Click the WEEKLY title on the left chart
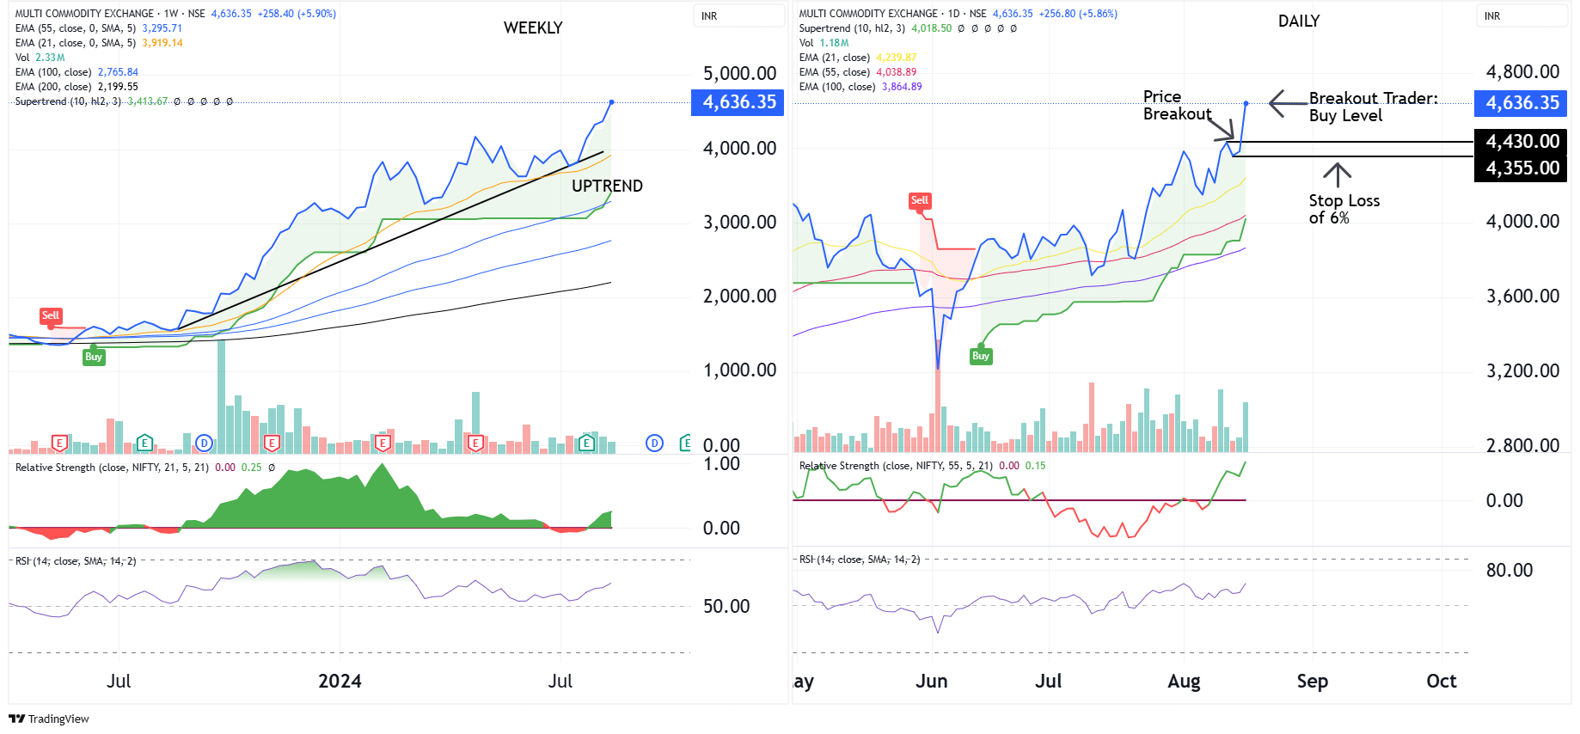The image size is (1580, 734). (533, 28)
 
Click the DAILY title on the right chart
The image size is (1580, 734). (1298, 21)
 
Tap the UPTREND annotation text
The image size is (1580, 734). (607, 186)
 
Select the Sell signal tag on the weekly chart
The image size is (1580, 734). (51, 315)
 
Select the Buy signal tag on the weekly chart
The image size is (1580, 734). (94, 357)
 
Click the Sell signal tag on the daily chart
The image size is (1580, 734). (920, 200)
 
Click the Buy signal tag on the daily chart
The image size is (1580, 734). (981, 356)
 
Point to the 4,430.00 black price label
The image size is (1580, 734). (1521, 141)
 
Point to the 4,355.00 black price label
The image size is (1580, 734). (1521, 168)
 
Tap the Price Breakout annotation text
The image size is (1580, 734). (1177, 105)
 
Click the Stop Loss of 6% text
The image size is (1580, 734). (1344, 209)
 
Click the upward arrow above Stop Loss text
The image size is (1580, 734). (1337, 174)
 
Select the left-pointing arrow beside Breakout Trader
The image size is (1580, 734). (1287, 103)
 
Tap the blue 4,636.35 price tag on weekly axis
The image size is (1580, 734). (738, 102)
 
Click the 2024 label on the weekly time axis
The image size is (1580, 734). (340, 681)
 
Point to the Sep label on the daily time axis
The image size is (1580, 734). (1312, 681)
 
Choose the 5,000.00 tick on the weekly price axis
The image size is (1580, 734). (739, 73)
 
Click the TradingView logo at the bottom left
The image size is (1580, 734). (49, 719)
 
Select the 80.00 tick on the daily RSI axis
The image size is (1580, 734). (1509, 570)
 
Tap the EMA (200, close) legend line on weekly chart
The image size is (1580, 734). (77, 87)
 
